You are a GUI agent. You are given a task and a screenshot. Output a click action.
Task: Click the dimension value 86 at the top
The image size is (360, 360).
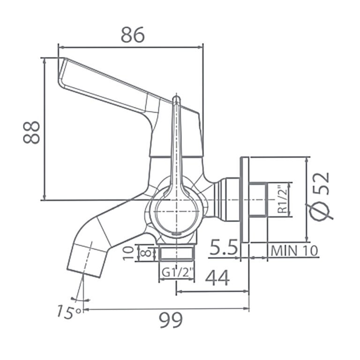133,35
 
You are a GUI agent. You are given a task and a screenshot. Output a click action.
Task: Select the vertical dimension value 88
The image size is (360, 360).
31,133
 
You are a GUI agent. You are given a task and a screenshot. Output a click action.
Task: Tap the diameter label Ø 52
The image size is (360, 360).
321,195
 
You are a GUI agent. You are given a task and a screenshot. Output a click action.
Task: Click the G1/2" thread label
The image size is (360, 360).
177,272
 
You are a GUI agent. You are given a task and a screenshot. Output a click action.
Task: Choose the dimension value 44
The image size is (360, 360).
217,278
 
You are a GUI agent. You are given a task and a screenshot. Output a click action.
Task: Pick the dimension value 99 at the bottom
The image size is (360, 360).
171,319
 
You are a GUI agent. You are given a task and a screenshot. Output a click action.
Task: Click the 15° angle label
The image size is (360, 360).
69,311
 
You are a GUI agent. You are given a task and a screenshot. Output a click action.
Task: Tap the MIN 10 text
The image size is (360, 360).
294,251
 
